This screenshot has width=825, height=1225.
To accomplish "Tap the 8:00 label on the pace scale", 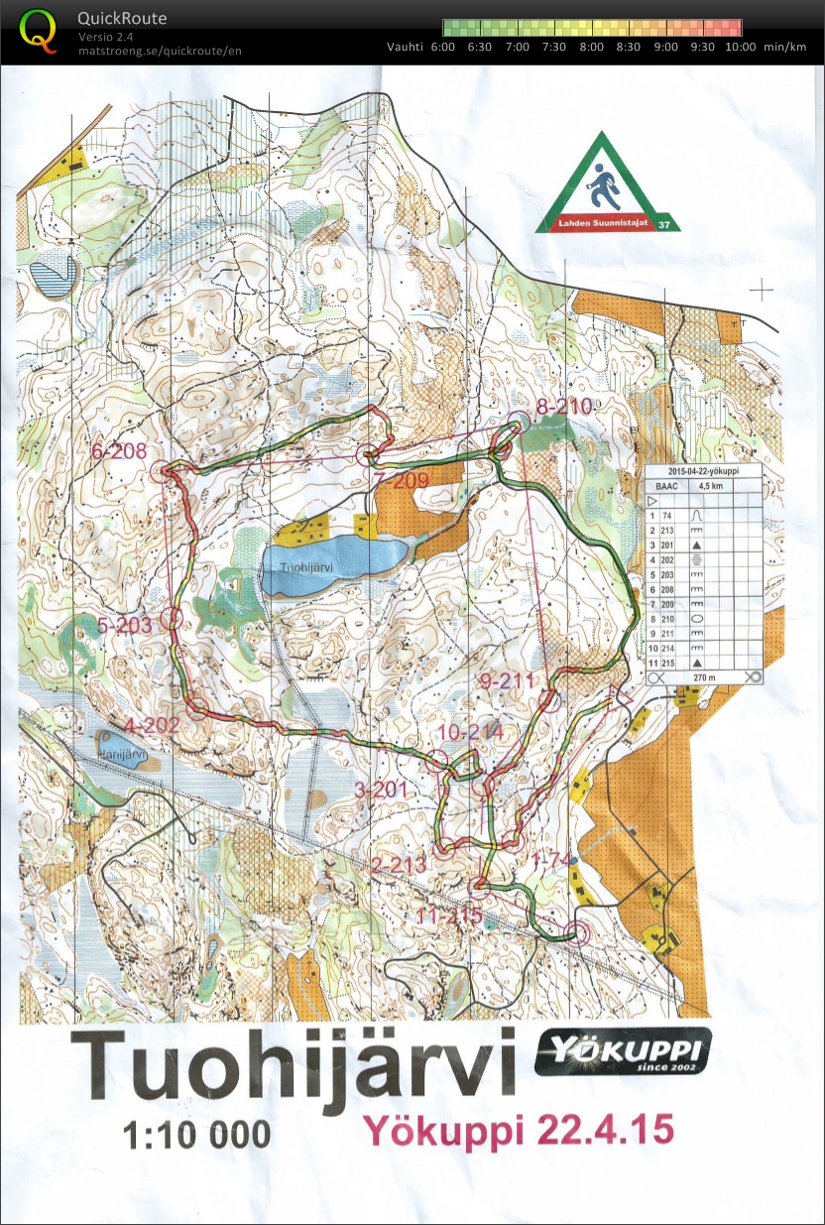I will (592, 47).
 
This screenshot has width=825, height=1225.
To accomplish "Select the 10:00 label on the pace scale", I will (740, 47).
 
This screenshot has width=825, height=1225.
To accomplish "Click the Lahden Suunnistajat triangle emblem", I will (603, 185).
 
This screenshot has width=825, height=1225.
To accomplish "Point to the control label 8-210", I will (563, 406).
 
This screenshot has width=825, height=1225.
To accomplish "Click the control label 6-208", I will (119, 451).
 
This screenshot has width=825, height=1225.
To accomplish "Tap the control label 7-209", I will (402, 481).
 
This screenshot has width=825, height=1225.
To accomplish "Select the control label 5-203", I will (124, 626).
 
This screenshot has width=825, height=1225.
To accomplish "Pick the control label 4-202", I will (151, 725).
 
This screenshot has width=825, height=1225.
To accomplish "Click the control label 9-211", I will (506, 681).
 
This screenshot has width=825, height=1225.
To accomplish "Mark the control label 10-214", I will (469, 732).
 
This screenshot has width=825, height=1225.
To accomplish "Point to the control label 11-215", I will (449, 916).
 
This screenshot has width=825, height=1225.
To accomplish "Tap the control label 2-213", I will (398, 865).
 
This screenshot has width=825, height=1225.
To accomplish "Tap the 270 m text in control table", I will (706, 676).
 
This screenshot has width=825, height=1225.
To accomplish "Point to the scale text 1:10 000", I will (196, 1135).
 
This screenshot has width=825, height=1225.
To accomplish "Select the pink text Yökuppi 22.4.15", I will (519, 1130).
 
